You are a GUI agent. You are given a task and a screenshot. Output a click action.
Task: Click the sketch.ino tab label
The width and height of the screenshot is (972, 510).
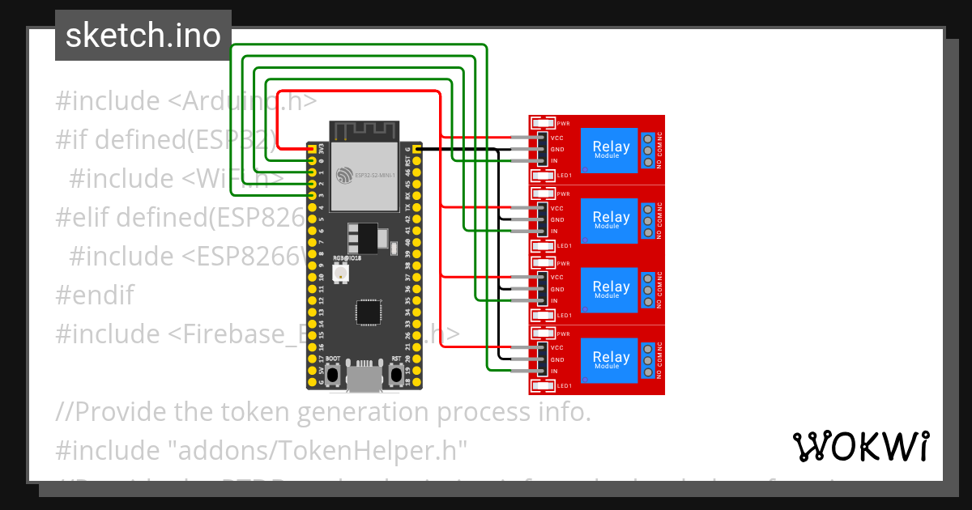(143, 36)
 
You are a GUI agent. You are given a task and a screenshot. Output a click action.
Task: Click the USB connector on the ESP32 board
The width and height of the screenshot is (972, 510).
(365, 376)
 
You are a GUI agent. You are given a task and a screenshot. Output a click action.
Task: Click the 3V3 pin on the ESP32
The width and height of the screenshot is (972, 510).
(311, 150)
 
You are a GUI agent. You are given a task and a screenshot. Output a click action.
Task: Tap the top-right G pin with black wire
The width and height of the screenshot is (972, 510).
(416, 149)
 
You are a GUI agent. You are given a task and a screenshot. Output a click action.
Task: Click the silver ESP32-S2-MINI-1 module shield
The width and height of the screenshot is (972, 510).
(364, 174)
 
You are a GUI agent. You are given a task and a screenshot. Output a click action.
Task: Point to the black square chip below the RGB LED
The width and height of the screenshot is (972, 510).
(369, 312)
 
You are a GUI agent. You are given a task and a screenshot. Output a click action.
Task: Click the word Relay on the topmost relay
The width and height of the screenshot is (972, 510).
(611, 147)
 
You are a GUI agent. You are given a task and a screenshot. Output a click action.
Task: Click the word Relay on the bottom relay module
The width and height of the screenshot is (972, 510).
(611, 357)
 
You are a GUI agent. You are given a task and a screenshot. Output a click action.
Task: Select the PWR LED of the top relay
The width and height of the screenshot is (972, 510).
(543, 124)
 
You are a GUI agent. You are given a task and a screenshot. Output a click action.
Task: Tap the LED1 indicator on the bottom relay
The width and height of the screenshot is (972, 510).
(543, 385)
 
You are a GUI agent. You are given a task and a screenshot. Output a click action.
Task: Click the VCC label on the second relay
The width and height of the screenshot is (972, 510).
(557, 208)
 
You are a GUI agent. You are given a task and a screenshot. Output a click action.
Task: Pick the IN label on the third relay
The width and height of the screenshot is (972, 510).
(554, 301)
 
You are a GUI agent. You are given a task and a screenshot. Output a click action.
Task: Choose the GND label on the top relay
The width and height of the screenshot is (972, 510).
(557, 150)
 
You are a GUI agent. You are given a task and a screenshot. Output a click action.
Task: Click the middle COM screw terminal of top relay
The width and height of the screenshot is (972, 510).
(648, 151)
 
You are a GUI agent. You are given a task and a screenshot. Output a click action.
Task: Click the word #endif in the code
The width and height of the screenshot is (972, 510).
(95, 295)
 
